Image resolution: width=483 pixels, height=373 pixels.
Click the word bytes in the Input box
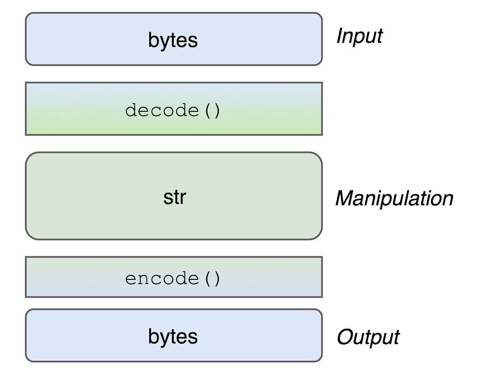[x=173, y=40]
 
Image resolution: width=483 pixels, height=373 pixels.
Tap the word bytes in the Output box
[x=173, y=336]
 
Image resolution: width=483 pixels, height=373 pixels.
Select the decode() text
[x=173, y=110]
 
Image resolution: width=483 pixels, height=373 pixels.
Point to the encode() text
[x=173, y=278]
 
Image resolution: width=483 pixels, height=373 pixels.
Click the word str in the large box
[x=175, y=197]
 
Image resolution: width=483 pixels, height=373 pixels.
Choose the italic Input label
[x=359, y=36]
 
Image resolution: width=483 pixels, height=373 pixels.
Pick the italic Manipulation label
[x=394, y=198]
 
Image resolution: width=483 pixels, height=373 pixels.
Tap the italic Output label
[x=368, y=337]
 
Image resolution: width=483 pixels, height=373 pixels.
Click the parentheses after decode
[x=212, y=110]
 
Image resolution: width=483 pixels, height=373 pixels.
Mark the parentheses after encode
[x=212, y=278]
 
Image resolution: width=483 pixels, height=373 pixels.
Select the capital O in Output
[x=344, y=337]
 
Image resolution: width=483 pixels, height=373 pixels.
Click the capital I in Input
[x=339, y=36]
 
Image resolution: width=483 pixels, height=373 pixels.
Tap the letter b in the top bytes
[x=153, y=40]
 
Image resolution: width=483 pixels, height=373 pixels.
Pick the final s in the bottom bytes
[x=193, y=337]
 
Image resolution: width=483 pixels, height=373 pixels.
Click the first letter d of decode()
[x=129, y=110]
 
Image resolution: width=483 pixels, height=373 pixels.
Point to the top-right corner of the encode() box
[x=322, y=257]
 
